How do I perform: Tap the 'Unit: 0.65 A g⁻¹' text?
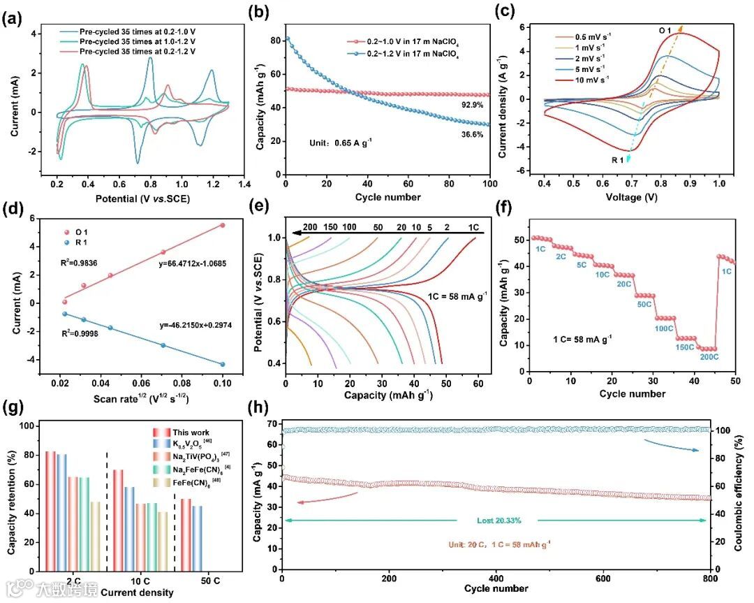(x=341, y=143)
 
